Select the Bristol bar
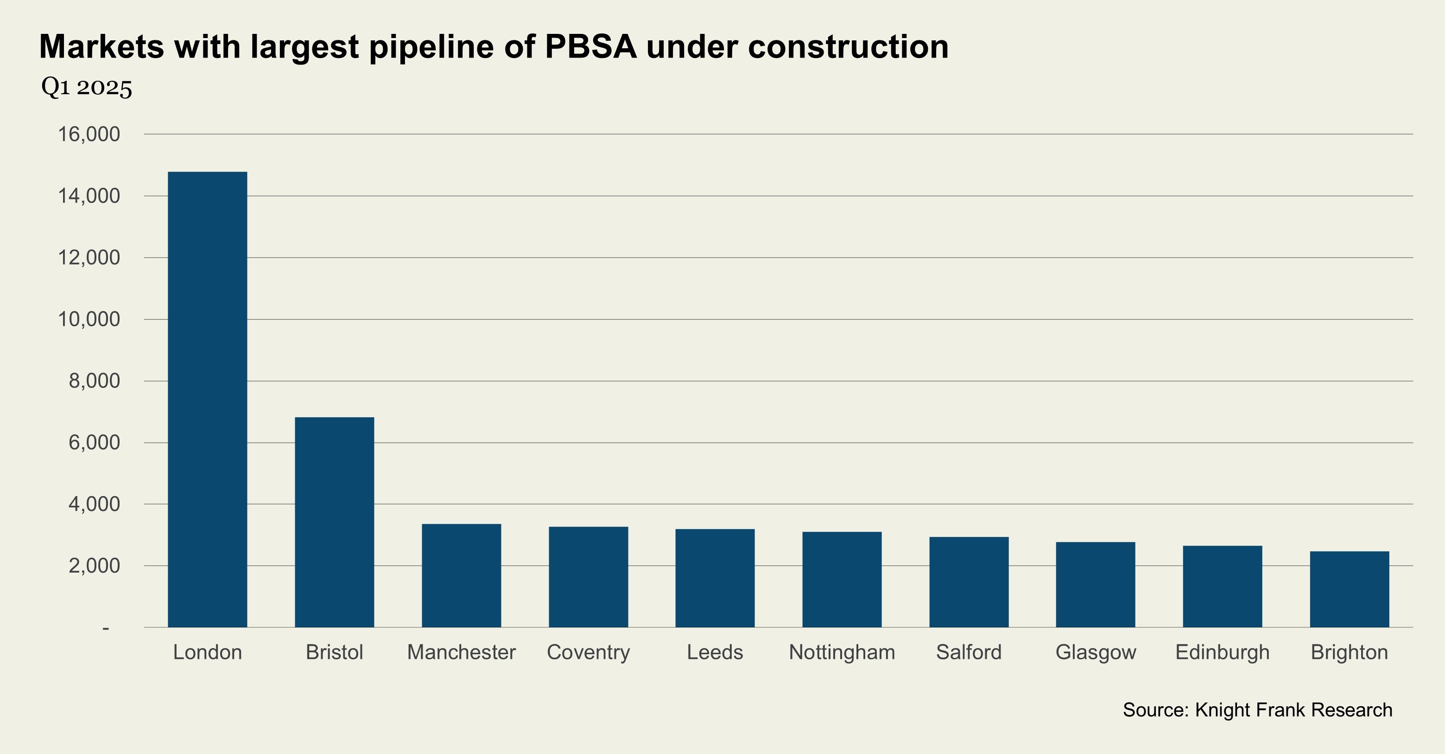tap(334, 522)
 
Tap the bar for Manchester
tap(461, 575)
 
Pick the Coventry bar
tap(588, 577)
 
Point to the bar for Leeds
tap(715, 578)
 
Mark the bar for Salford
tap(969, 582)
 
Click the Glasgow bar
tap(1096, 585)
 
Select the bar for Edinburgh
tap(1222, 586)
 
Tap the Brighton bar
tap(1349, 589)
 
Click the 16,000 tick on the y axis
tap(89, 134)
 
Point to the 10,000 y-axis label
tap(89, 319)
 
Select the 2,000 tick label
tap(94, 566)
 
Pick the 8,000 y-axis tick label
tap(94, 381)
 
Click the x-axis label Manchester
tap(461, 652)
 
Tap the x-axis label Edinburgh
tap(1222, 652)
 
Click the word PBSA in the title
tap(591, 46)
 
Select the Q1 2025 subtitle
tap(87, 88)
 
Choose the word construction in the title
tap(848, 46)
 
